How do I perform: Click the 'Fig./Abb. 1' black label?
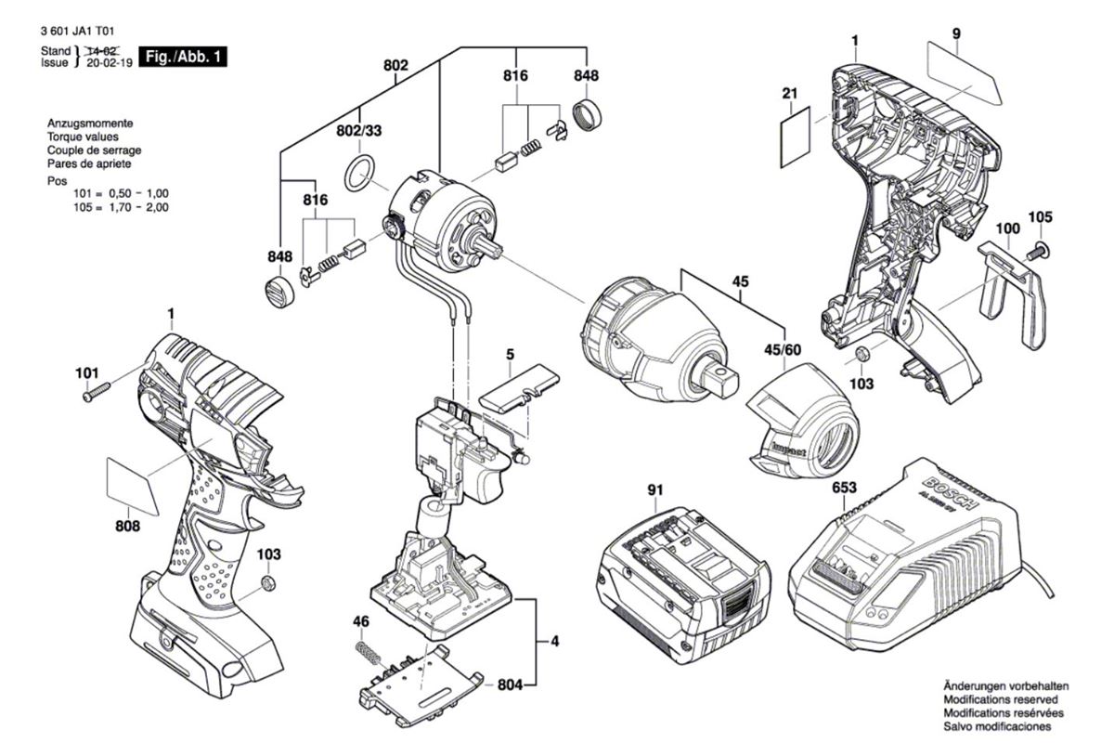(182, 57)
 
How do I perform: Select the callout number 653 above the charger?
(844, 488)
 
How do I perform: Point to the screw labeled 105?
(1037, 249)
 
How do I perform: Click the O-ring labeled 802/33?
(359, 173)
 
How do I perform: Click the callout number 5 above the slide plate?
(510, 353)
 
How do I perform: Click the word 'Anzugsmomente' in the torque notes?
(89, 123)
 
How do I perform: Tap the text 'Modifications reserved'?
(1001, 697)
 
